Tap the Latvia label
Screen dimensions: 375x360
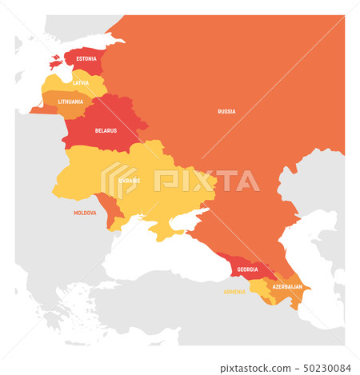pos(81,82)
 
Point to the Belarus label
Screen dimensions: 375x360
pos(106,130)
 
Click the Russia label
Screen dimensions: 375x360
pos(226,111)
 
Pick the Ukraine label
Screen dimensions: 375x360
pos(130,181)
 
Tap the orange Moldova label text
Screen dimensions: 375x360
pos(85,213)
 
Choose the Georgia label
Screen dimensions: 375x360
pos(248,269)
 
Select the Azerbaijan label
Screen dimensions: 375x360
pos(287,286)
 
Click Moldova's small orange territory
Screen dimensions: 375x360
pos(107,206)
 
